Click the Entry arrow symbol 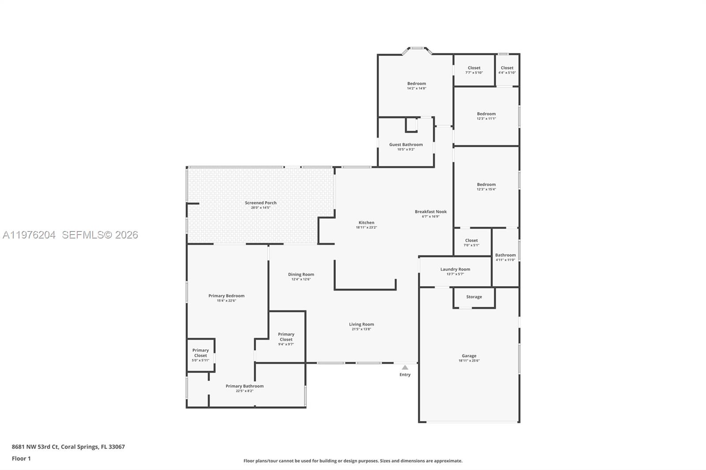tap(405, 367)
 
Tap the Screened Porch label tap(260, 203)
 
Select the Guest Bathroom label tap(406, 145)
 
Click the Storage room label tap(474, 297)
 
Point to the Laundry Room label tap(455, 269)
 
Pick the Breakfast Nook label tap(430, 212)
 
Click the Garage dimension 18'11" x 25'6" tap(469, 361)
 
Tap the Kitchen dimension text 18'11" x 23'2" tap(366, 228)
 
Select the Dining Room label tap(301, 274)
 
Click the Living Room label tap(361, 324)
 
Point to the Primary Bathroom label tap(244, 386)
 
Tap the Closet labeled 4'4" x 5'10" tap(507, 70)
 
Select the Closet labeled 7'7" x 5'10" tap(474, 70)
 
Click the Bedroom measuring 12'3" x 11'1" tap(486, 116)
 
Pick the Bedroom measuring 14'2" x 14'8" tap(416, 86)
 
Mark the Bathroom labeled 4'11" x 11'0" tap(505, 257)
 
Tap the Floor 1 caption tap(21, 459)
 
